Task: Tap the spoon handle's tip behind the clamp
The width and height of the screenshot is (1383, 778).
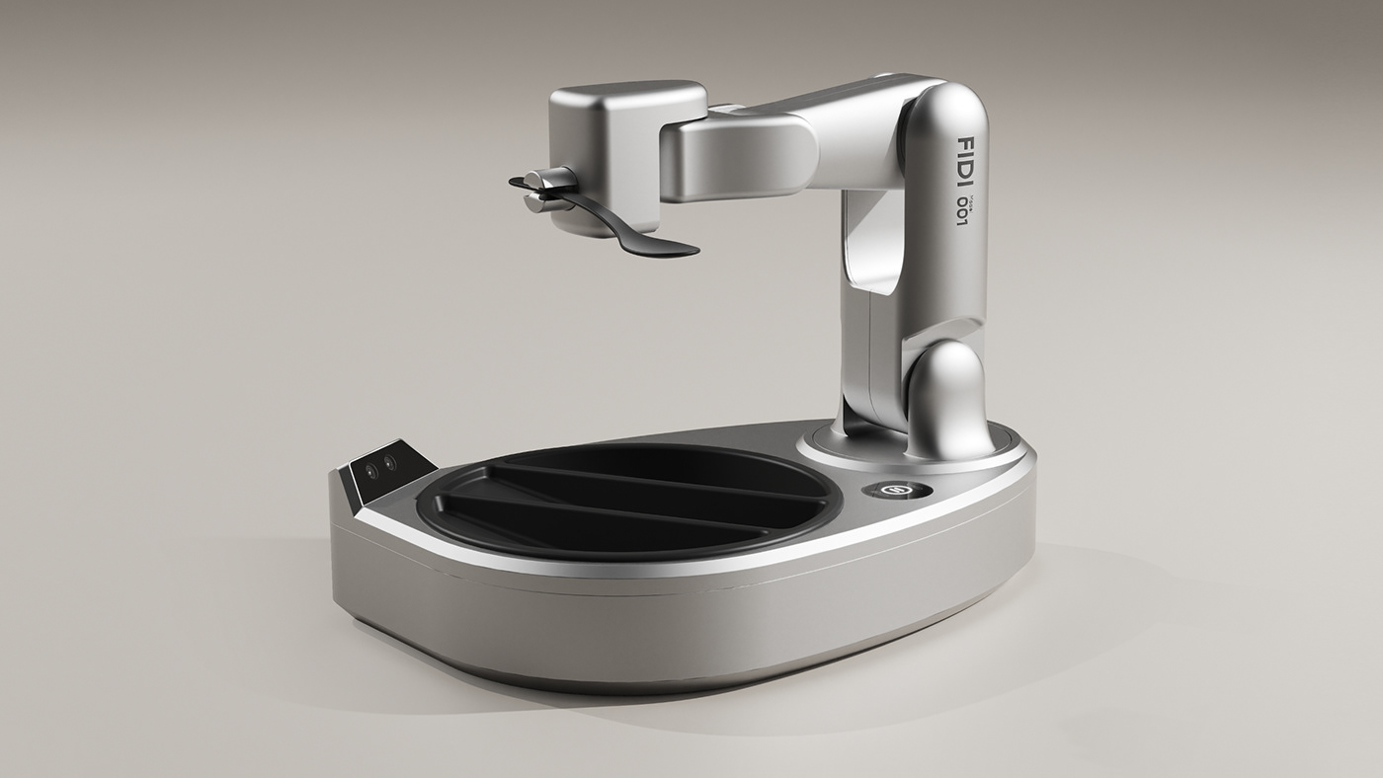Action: click(x=517, y=183)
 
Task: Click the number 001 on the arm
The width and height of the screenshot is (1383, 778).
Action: click(x=960, y=208)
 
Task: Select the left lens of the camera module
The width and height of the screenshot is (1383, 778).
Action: click(x=371, y=470)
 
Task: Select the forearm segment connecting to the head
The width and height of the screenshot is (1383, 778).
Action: click(x=741, y=153)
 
